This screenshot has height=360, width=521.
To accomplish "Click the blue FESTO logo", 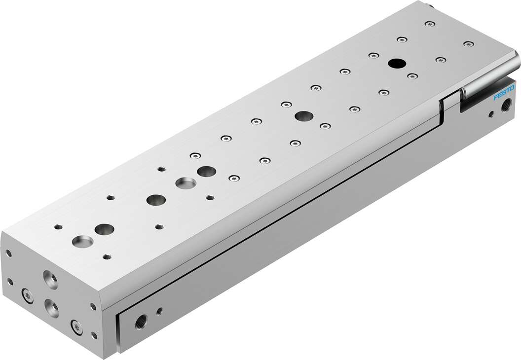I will tap(504, 94).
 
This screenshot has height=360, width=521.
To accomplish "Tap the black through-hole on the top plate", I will tap(395, 63).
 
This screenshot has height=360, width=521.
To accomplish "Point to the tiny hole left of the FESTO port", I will tap(490, 115).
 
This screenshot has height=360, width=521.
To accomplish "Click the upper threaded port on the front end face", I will tap(50, 279).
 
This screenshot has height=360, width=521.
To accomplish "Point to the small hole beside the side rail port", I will tap(159, 311).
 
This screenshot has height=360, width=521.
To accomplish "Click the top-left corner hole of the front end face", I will tap(9, 253).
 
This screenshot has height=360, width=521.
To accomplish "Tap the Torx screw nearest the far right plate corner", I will tap(467, 44).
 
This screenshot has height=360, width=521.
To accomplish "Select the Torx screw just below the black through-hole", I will tap(412, 75).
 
